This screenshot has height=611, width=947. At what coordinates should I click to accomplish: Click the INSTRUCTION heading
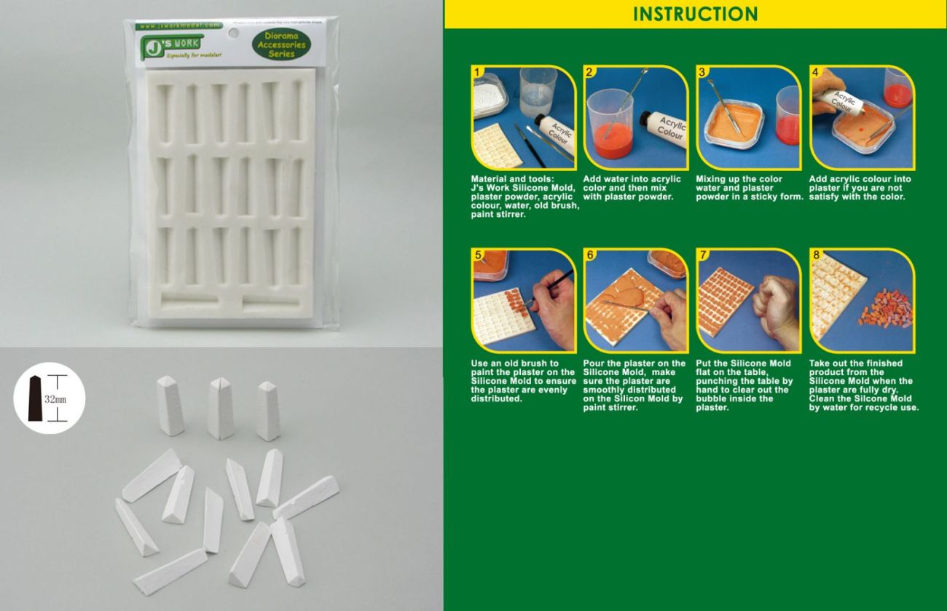tap(695, 14)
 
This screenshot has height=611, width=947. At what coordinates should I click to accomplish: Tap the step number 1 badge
tap(477, 72)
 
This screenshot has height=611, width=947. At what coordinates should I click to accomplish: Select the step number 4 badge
tap(815, 72)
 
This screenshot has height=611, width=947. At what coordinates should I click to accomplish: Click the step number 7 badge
tap(703, 255)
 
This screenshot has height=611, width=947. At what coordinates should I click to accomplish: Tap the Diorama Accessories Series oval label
tap(281, 44)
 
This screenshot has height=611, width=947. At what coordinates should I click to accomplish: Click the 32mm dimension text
tap(55, 399)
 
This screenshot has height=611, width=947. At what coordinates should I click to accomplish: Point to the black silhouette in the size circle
tap(36, 398)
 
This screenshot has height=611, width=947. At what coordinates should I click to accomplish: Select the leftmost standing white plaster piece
tap(170, 405)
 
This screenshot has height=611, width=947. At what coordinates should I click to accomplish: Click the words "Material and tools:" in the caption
tap(511, 179)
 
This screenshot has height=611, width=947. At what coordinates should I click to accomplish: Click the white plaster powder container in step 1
tap(490, 94)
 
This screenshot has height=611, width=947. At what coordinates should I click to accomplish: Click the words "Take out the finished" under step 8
tap(855, 363)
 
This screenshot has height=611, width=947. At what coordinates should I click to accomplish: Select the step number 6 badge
tap(590, 255)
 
